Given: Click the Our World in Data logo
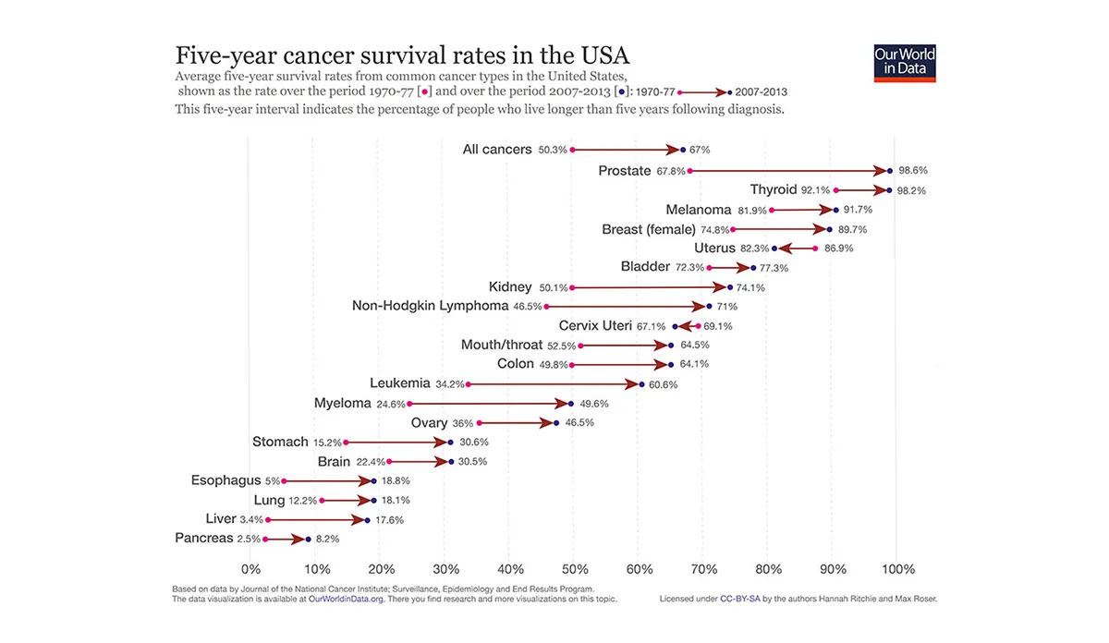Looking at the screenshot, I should [x=905, y=61].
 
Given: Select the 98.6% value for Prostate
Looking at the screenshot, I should [x=912, y=171].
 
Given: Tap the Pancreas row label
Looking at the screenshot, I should [x=203, y=539].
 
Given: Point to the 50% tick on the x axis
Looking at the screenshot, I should [x=574, y=569].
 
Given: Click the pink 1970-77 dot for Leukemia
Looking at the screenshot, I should [x=469, y=384].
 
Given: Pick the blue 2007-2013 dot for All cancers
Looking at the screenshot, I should [x=683, y=150].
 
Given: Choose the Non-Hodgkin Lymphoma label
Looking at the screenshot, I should [x=430, y=306].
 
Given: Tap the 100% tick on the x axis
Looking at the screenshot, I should [x=898, y=569].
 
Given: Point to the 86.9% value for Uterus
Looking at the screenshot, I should [x=838, y=249].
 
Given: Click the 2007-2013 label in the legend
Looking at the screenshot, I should [x=761, y=92].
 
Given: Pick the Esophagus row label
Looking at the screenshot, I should [x=225, y=480].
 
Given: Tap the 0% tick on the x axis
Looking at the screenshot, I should [x=250, y=569].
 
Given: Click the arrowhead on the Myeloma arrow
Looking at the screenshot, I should [x=560, y=404].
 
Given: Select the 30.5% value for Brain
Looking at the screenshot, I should [x=473, y=462].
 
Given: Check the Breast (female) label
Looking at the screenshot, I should [x=648, y=229].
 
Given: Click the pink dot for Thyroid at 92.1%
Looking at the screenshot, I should [x=835, y=190].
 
